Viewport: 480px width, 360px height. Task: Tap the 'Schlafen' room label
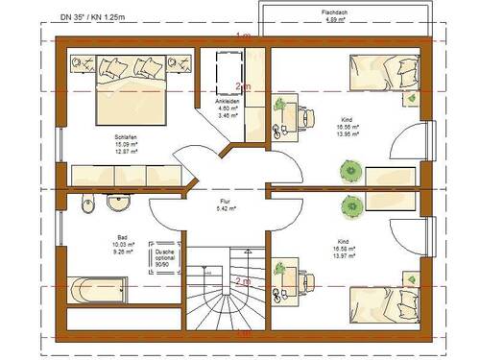(128, 136)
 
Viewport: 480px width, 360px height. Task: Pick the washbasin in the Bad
(119, 204)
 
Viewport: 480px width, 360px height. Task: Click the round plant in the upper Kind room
(349, 171)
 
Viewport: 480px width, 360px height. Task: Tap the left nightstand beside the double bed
(79, 63)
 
